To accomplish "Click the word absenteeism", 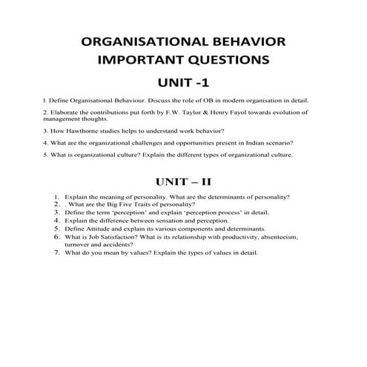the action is pyautogui.click(x=282, y=237).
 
